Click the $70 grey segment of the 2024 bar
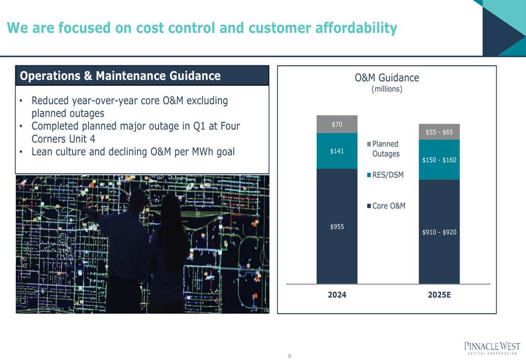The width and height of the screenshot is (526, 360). pos(337,124)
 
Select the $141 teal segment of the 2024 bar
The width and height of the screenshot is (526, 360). pos(337,151)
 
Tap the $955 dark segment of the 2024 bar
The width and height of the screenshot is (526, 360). pos(337,227)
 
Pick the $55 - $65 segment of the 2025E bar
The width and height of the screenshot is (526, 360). pos(439,132)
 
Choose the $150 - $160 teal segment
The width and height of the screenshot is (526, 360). pos(439,160)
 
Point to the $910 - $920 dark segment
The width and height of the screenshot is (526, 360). pos(439,232)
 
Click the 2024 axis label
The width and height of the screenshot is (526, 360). pos(337,295)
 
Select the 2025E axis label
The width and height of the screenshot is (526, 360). pos(439,295)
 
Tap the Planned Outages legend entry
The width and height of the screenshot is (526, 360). pos(383,149)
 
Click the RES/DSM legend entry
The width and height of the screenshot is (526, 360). pos(386,174)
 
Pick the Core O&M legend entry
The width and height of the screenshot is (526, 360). pos(386,206)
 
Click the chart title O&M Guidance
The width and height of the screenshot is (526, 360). pos(387,78)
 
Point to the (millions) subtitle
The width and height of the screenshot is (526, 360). pos(387,89)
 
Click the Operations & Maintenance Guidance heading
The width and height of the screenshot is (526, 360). pos(120,76)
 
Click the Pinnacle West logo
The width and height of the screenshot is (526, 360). pos(492,348)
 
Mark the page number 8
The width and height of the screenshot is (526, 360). pos(289,356)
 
